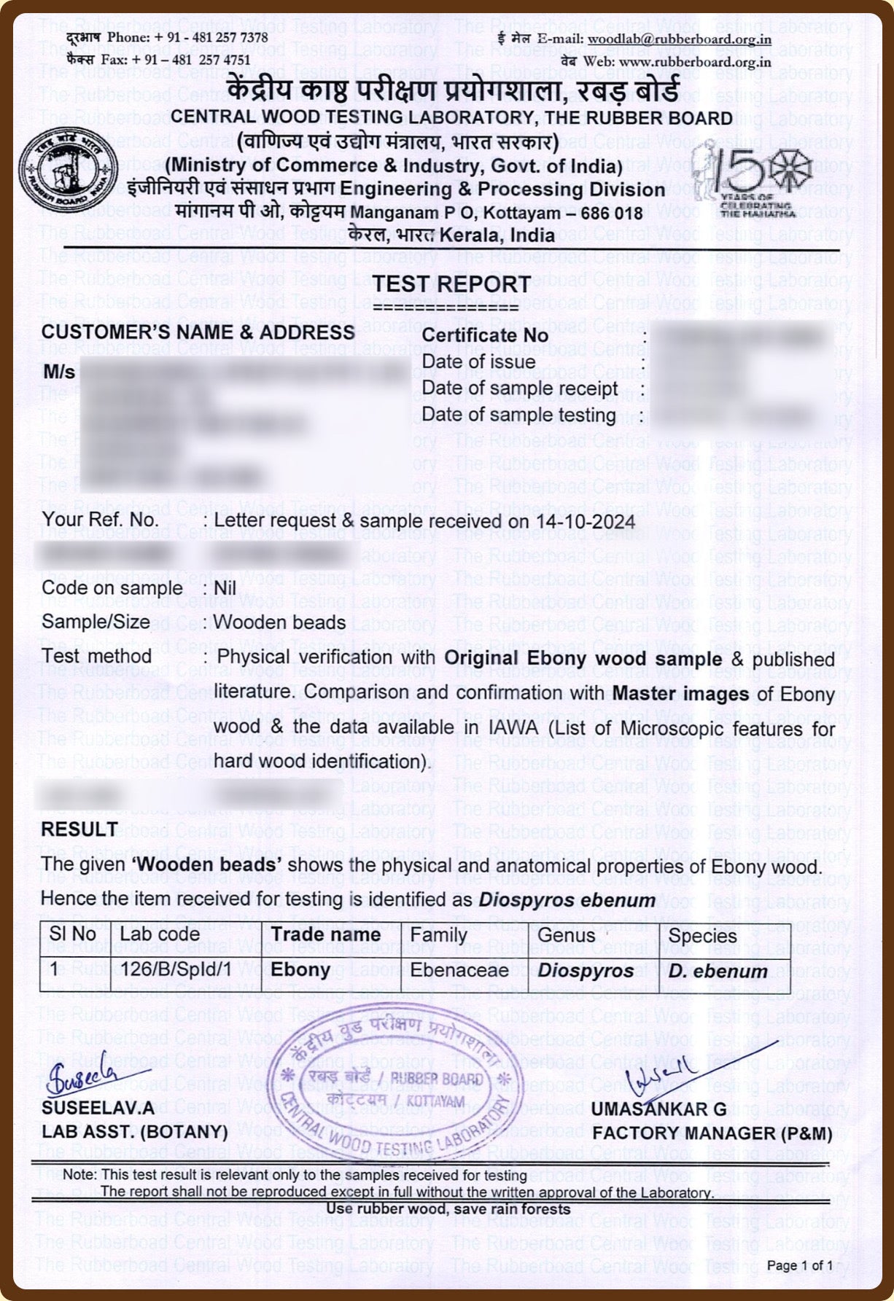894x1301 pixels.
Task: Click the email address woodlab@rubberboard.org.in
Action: (x=679, y=39)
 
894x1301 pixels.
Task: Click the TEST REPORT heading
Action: (x=452, y=284)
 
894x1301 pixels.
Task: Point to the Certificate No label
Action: (x=485, y=335)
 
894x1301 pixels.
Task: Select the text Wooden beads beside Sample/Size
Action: (x=279, y=622)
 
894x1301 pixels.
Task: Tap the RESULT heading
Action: (x=79, y=829)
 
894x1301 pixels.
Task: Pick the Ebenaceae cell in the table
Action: (x=459, y=970)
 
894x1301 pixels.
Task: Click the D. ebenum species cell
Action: (x=718, y=971)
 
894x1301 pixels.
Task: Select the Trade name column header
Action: (x=325, y=934)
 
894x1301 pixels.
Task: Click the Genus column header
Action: (x=566, y=934)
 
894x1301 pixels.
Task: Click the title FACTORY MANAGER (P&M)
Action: (x=712, y=1133)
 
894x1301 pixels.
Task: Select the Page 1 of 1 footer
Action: (x=799, y=1265)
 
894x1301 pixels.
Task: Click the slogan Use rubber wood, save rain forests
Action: (x=448, y=1209)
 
